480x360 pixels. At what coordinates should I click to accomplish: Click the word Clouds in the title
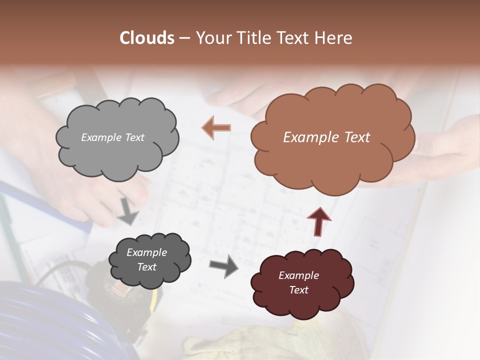(x=147, y=38)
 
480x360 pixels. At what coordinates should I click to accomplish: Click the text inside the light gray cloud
(x=112, y=137)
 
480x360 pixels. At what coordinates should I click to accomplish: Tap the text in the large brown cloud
(x=326, y=137)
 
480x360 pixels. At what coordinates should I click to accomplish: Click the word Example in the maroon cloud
(x=298, y=275)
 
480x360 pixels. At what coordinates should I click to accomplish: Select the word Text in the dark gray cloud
(x=146, y=267)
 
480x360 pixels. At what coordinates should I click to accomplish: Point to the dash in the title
(x=184, y=38)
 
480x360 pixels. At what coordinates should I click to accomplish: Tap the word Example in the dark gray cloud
(x=146, y=252)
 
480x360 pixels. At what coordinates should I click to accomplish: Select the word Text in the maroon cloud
(x=298, y=290)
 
